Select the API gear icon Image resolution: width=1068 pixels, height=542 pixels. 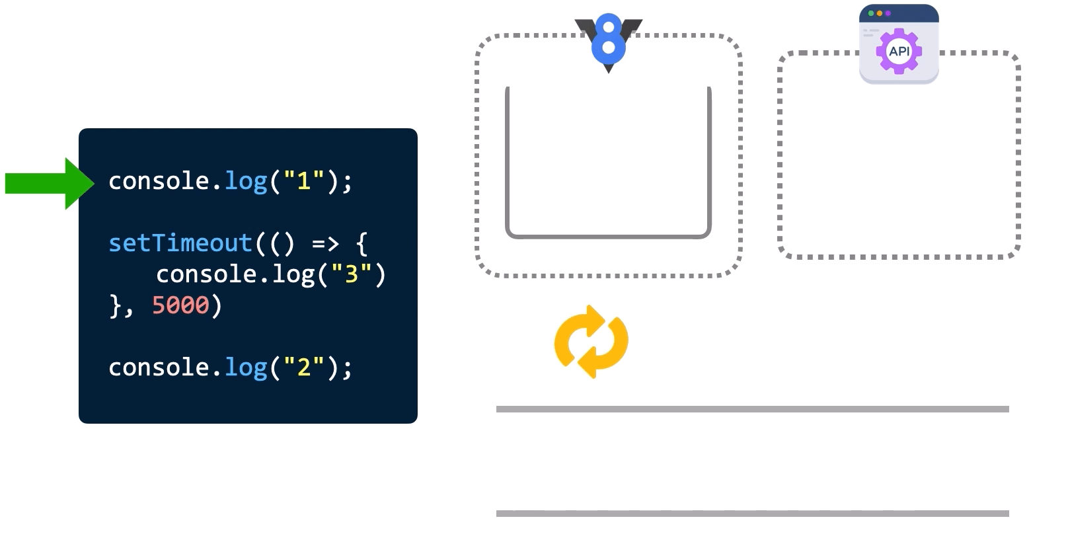tap(899, 51)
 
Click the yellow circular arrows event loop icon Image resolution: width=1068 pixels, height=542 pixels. tap(591, 342)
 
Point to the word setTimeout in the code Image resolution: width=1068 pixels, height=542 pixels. tap(180, 243)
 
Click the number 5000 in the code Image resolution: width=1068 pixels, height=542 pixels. tap(180, 305)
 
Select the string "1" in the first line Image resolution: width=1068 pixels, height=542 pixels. tap(303, 181)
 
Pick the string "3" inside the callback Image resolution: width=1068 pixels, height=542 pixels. tap(351, 274)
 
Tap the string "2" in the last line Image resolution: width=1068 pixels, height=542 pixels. tap(303, 368)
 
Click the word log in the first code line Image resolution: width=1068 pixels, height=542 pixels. tap(246, 181)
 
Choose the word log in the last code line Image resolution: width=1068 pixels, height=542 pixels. tap(246, 368)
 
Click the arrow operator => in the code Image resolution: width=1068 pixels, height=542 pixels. tap(325, 244)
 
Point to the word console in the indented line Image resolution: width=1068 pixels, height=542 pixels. tap(206, 274)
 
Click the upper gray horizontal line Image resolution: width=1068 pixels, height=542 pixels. tap(752, 409)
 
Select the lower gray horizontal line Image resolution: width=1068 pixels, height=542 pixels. tap(752, 514)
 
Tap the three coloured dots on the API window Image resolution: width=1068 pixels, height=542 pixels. tap(879, 13)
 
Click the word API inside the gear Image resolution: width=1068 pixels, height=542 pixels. tap(899, 51)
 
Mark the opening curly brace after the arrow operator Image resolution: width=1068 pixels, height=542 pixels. tap(362, 244)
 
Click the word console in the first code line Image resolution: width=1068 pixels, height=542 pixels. tap(159, 181)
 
